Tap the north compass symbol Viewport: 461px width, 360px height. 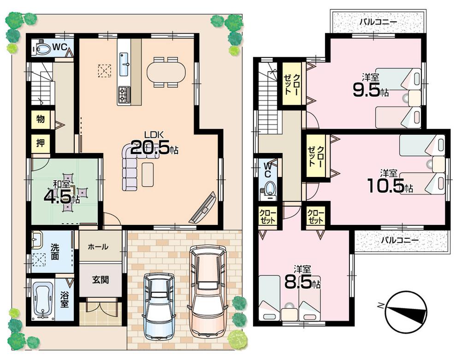pos(405,312)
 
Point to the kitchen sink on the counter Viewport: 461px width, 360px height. pos(125,64)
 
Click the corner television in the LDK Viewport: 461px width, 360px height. pos(203,208)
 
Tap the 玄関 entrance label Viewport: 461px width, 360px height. pos(100,280)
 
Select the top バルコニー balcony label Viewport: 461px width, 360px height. pos(378,22)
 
